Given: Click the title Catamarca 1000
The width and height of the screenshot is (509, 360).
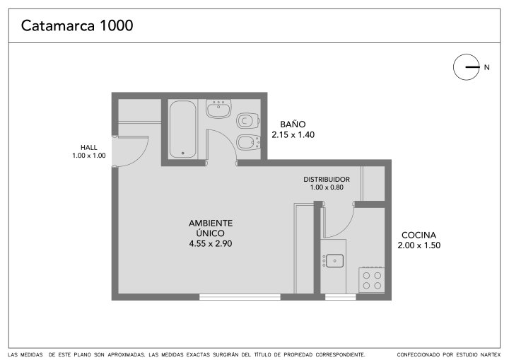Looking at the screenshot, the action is tap(77, 25).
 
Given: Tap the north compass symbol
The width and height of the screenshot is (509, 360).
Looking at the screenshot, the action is tap(467, 67).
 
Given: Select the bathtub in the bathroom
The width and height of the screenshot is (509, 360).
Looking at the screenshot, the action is tap(183, 129).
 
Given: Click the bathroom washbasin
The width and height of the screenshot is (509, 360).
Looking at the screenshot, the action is tap(218, 108).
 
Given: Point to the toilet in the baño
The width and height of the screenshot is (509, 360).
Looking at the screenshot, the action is tap(248, 120).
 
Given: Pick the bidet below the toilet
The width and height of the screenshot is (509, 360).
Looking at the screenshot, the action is tap(248, 142).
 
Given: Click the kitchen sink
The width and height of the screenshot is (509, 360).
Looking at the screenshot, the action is tap(334, 260).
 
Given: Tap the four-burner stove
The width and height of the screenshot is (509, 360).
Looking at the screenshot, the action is tap(372, 280).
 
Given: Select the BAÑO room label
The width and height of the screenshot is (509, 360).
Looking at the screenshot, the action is tap(293, 124).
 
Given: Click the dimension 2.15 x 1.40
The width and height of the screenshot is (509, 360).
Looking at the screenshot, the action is tap(293, 135).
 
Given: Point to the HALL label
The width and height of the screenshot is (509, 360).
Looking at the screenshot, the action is tap(89, 148).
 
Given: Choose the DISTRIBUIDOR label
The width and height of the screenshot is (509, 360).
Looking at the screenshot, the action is tap(327, 180).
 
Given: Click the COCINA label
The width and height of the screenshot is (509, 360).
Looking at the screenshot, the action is tap(419, 235).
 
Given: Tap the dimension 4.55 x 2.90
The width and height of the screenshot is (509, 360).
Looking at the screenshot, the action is tap(211, 244).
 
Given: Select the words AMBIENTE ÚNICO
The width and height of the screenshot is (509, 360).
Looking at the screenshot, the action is tap(211, 228).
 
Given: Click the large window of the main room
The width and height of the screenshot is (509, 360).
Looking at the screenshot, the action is tap(240, 297).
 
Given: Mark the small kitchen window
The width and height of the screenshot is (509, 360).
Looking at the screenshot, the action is tap(341, 297).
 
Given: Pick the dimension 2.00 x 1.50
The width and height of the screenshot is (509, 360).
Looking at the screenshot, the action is tap(419, 245).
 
